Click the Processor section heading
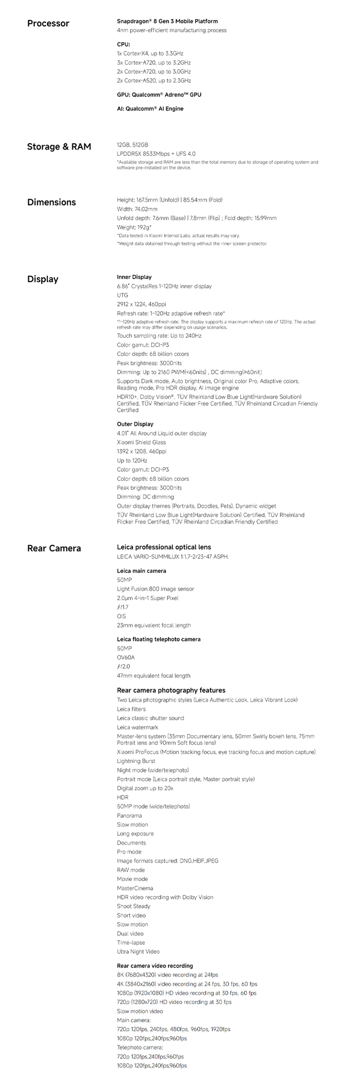pyautogui.click(x=48, y=23)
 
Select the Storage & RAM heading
pyautogui.click(x=59, y=147)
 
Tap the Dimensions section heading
pyautogui.click(x=51, y=202)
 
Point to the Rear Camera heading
pyautogui.click(x=54, y=548)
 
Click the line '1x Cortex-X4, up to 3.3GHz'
pyautogui.click(x=150, y=54)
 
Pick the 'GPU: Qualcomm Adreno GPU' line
pyautogui.click(x=159, y=95)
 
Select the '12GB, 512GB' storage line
pyautogui.click(x=132, y=145)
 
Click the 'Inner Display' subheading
pyautogui.click(x=134, y=277)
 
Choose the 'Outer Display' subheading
pyautogui.click(x=135, y=424)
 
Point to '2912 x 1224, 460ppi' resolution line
pyautogui.click(x=141, y=304)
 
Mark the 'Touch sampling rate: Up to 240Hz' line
pyautogui.click(x=159, y=336)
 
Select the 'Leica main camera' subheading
pyautogui.click(x=141, y=571)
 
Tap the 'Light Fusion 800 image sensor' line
pyautogui.click(x=156, y=589)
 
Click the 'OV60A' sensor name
pyautogui.click(x=126, y=657)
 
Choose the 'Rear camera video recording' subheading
pyautogui.click(x=155, y=966)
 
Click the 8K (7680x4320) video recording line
pyautogui.click(x=167, y=975)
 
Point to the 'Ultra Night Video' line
pyautogui.click(x=138, y=952)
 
